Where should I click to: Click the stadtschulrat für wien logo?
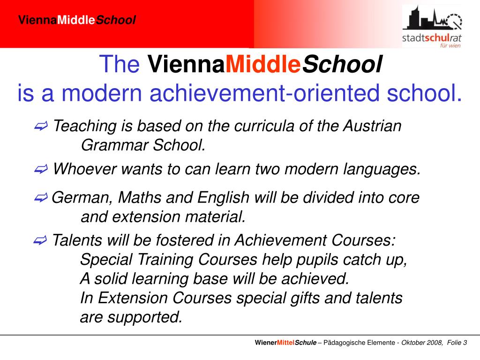coord(432,26)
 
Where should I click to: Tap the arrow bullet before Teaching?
coord(41,126)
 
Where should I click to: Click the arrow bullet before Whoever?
coord(41,169)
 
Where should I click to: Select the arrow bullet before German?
coord(41,198)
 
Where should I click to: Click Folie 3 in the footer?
coord(457,343)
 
